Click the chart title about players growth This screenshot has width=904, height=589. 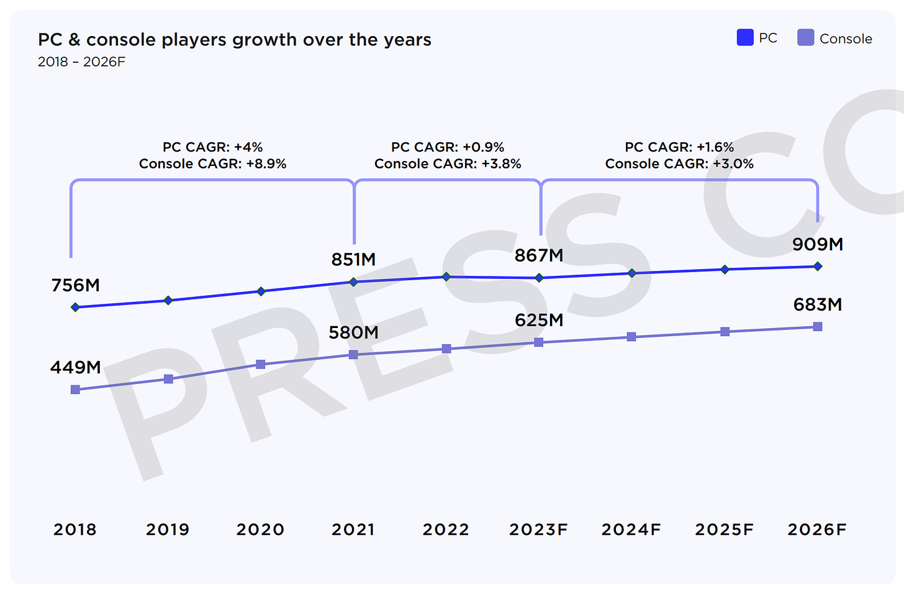point(234,40)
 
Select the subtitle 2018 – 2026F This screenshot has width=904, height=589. point(81,62)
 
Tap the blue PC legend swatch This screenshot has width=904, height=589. point(745,38)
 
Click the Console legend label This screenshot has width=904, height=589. point(846,39)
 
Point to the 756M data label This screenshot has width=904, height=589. point(76,285)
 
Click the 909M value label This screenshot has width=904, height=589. point(818,244)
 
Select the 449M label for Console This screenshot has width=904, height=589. point(76,367)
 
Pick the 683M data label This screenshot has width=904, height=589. point(818,304)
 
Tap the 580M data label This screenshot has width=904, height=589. point(353,332)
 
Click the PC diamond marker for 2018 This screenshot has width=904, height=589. point(76,307)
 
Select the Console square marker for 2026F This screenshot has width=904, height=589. point(818,327)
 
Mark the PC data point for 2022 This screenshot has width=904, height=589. point(446,276)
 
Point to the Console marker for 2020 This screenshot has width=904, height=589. point(261,364)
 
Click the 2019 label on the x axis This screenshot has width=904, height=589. point(168,529)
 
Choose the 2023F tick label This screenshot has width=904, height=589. point(538,529)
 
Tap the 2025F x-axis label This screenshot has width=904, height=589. point(724,529)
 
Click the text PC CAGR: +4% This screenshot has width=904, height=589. point(213,147)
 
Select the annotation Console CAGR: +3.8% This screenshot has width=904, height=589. point(448,164)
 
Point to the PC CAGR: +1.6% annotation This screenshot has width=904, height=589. point(679,147)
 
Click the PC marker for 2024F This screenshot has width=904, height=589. point(632,273)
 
